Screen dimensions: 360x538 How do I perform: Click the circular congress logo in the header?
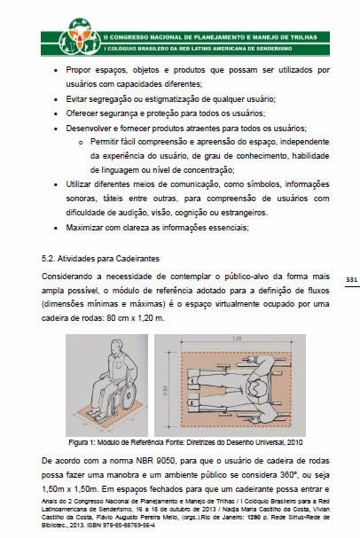click(80, 36)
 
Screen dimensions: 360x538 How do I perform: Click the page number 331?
click(351, 280)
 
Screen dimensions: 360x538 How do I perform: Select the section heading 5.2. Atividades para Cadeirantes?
click(100, 259)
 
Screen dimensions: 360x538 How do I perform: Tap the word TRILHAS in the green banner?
click(303, 37)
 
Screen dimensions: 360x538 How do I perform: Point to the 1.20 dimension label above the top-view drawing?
click(237, 339)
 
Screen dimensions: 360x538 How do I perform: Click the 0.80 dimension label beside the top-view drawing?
click(166, 391)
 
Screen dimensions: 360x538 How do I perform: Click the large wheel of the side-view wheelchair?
click(129, 395)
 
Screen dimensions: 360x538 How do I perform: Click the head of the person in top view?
click(258, 389)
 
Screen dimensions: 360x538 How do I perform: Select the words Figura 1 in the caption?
click(80, 442)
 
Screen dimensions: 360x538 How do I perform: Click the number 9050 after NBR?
click(165, 461)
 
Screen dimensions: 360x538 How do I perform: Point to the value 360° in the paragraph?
click(286, 475)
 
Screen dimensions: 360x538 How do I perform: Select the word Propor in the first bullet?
click(78, 70)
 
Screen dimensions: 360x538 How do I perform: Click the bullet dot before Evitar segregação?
click(56, 100)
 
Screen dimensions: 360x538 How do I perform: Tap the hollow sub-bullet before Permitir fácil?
click(81, 143)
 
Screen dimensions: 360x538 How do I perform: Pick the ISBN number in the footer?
click(130, 525)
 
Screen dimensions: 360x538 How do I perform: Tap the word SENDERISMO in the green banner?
click(274, 49)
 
